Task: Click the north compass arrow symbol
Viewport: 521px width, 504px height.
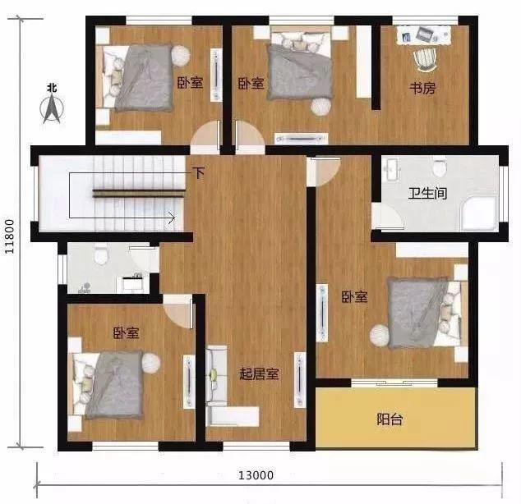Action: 52,108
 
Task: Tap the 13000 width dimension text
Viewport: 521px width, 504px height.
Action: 256,475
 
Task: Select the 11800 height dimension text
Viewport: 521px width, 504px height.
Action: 9,236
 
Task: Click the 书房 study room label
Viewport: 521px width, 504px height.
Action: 422,88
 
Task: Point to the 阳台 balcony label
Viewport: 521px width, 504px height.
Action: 390,419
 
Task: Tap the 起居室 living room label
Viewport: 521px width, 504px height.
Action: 259,373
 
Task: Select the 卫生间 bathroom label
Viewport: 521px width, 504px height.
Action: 427,193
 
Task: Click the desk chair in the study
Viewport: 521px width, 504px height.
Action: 425,60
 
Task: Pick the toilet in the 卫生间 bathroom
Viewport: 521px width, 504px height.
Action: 440,168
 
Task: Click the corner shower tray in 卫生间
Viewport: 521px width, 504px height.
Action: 479,213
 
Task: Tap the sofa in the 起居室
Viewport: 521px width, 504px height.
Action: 216,376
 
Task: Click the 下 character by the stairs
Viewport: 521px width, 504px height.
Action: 199,173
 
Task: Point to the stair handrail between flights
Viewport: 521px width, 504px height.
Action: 139,193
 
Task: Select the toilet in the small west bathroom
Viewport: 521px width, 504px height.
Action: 101,254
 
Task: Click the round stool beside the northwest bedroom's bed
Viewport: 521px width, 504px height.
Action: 181,56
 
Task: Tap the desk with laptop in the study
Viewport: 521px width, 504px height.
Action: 424,35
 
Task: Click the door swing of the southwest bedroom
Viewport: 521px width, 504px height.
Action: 179,311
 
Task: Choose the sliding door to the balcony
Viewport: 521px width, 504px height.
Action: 394,383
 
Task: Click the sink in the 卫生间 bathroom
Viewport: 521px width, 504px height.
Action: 392,169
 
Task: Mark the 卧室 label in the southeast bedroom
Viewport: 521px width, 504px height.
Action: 354,296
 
